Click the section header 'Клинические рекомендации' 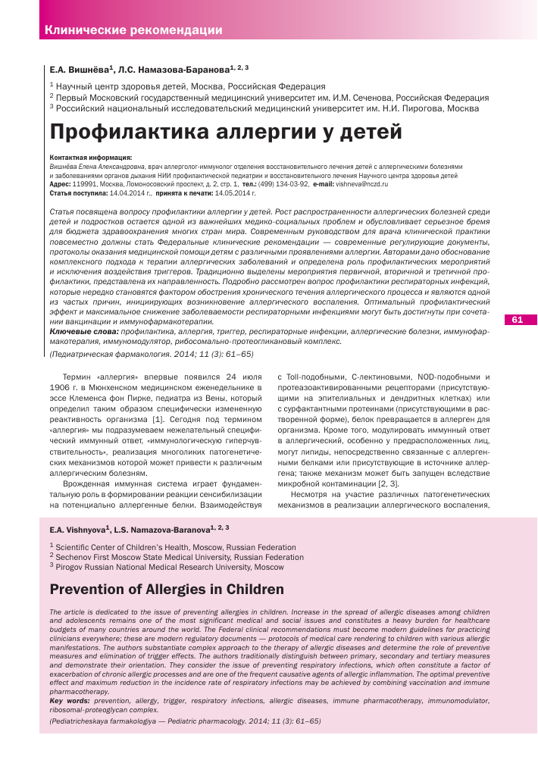133,30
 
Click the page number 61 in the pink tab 518,319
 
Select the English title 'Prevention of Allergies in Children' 167,589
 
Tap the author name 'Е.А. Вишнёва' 80,69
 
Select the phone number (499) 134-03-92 287,184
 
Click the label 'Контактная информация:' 80,158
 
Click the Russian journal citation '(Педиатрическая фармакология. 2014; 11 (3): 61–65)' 152,354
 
